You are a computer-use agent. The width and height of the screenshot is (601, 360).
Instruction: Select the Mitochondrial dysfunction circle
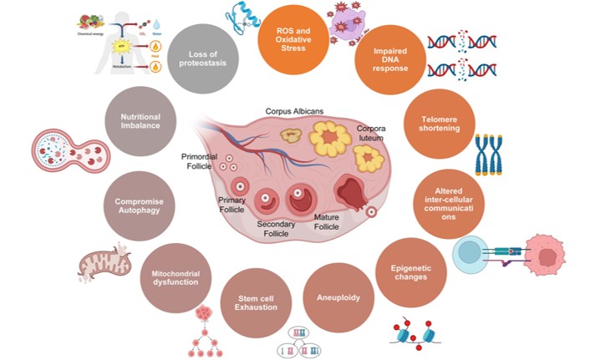[175, 276]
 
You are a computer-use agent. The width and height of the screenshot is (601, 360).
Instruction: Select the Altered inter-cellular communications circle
[449, 200]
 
